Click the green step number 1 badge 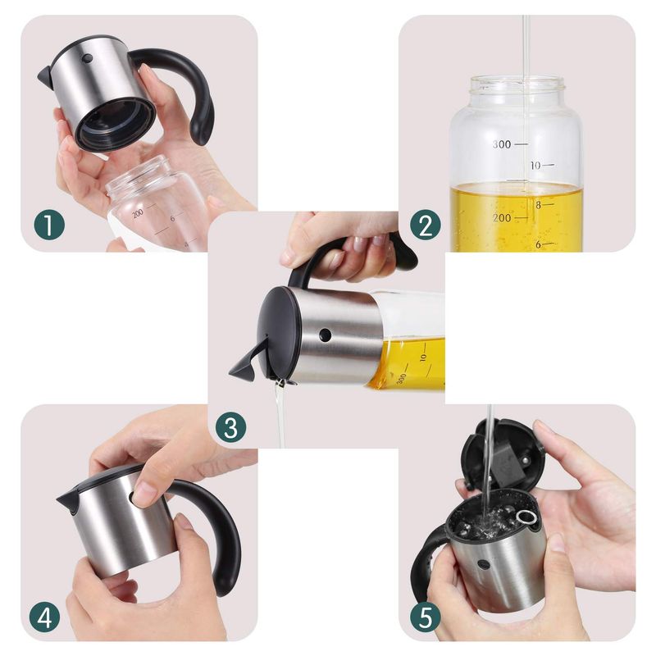(49, 225)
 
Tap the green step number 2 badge (426, 225)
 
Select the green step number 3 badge (231, 427)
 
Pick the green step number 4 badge (45, 617)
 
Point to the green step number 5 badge (426, 617)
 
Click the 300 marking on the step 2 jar (502, 145)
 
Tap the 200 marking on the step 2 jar (502, 218)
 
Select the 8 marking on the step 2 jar (539, 205)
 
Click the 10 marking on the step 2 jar (535, 166)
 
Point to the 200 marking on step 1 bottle (138, 213)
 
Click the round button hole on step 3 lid (325, 335)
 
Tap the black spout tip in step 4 (63, 499)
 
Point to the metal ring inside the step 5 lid (526, 517)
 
